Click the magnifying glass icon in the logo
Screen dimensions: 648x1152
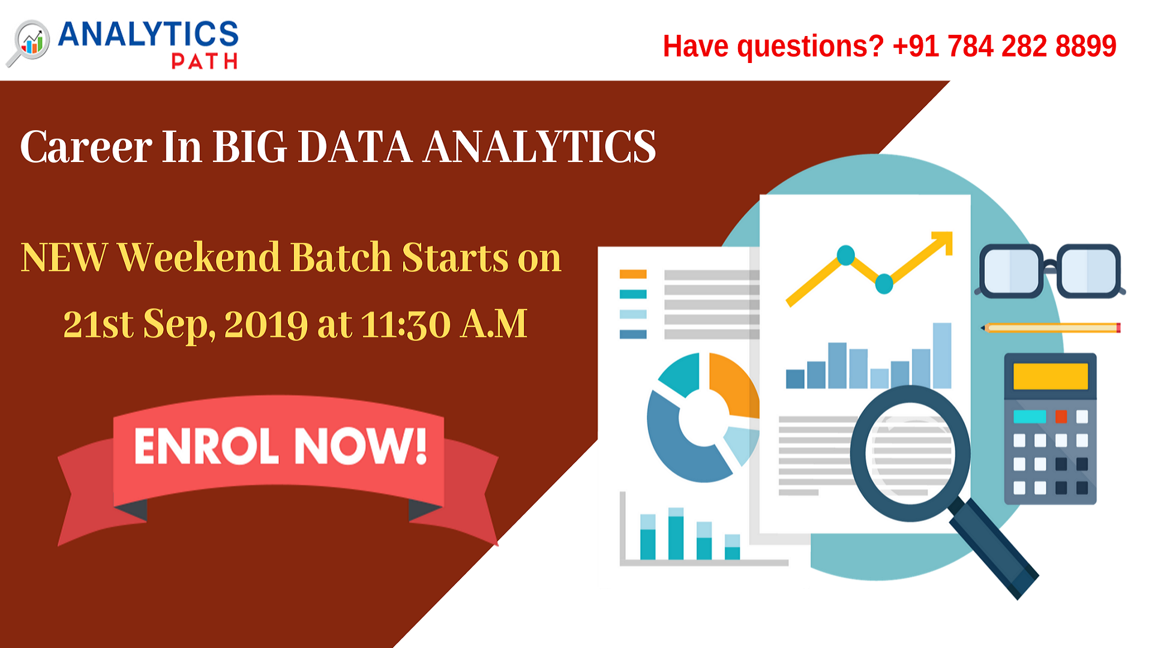coord(30,42)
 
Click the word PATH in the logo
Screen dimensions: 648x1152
coord(204,61)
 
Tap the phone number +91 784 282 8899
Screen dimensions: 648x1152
coord(1004,46)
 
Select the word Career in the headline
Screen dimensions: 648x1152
coord(86,147)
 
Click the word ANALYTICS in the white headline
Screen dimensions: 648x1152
coord(539,147)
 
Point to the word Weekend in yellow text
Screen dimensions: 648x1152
coord(199,258)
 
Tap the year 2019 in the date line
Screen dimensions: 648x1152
coord(266,325)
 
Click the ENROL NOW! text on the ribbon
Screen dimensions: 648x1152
coord(280,446)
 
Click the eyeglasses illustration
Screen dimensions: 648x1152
coord(1050,271)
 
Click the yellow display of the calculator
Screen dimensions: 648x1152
coord(1050,376)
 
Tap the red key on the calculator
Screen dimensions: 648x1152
coord(1061,416)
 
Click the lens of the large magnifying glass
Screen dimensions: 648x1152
coord(910,453)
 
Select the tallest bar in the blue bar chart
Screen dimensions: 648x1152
coord(942,355)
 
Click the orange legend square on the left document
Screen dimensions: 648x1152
coord(633,274)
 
